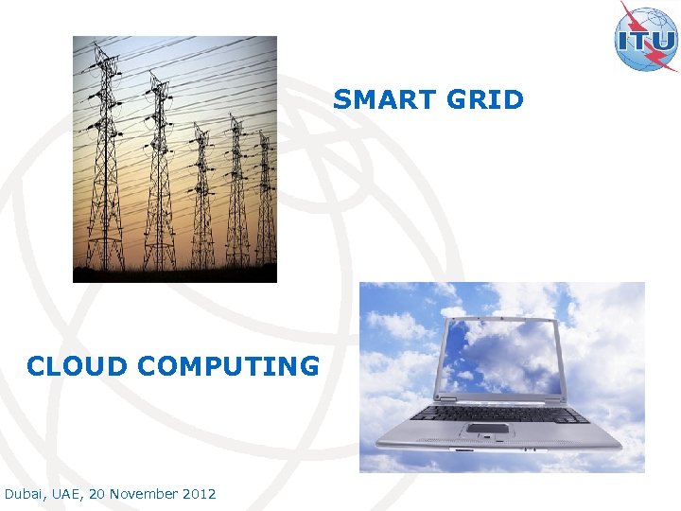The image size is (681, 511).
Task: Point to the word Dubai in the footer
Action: click(x=24, y=494)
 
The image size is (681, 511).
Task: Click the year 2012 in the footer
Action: click(x=200, y=494)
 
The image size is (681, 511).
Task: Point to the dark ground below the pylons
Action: click(x=175, y=274)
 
